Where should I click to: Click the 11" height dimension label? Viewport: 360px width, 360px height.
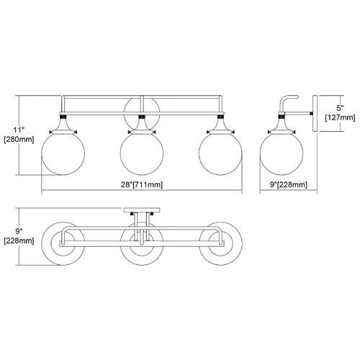pyautogui.click(x=19, y=130)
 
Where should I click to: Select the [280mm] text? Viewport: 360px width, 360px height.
pyautogui.click(x=19, y=140)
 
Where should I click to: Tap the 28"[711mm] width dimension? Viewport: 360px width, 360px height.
pyautogui.click(x=142, y=184)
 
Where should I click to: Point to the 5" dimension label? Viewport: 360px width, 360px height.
pyautogui.click(x=340, y=108)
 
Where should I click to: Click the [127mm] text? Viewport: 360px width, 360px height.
pyautogui.click(x=340, y=117)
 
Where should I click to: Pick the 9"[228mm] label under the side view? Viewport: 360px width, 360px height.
pyautogui.click(x=289, y=184)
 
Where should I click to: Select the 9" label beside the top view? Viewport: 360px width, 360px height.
pyautogui.click(x=19, y=231)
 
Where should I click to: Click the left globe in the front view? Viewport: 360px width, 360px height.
pyautogui.click(x=63, y=153)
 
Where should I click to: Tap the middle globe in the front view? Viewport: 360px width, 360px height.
pyautogui.click(x=142, y=153)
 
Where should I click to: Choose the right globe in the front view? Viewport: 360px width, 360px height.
pyautogui.click(x=220, y=153)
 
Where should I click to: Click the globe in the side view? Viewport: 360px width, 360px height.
pyautogui.click(x=282, y=153)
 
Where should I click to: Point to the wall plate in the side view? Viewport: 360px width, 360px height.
pyautogui.click(x=315, y=113)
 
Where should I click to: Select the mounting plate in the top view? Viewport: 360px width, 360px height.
pyautogui.click(x=142, y=210)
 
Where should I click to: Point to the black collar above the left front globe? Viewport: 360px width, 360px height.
pyautogui.click(x=63, y=117)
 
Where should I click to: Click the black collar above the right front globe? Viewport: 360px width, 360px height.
pyautogui.click(x=220, y=117)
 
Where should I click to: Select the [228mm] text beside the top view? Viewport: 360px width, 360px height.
pyautogui.click(x=19, y=240)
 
